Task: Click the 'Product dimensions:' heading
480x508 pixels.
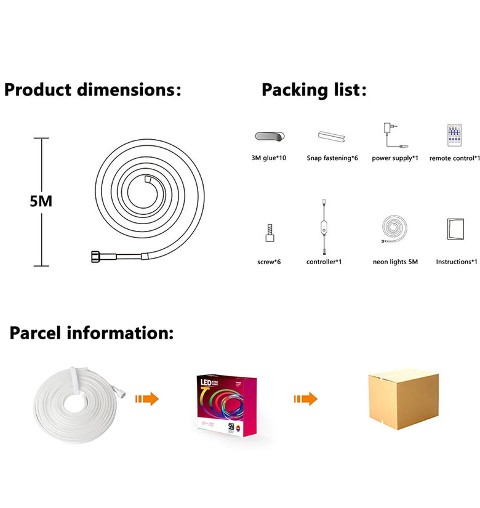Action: coord(92,89)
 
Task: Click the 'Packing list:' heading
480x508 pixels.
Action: coord(314,90)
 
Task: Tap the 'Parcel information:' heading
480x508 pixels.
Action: coord(91,333)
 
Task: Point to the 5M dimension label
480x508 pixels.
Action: coord(41,201)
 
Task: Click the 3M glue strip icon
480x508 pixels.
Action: coord(269,136)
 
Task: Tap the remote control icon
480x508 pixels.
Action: coord(455,135)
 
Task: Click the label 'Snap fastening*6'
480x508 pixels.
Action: coord(332,158)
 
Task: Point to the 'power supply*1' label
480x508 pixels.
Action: coord(395,158)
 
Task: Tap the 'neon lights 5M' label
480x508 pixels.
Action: coord(395,262)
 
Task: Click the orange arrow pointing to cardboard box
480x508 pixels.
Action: coord(305,398)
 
